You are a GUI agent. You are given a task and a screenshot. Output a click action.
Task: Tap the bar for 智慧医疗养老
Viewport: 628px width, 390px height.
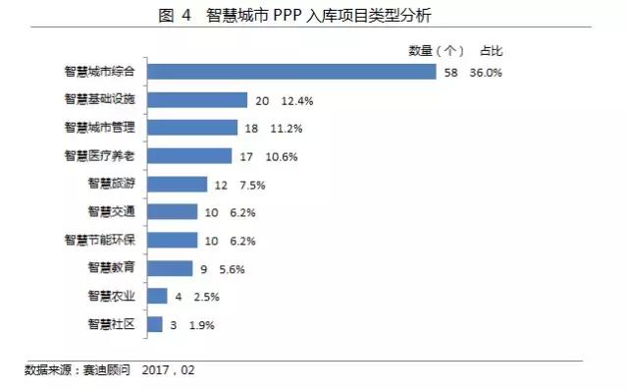tap(189, 156)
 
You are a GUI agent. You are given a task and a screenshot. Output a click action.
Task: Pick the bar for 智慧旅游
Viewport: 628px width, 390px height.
tap(178, 185)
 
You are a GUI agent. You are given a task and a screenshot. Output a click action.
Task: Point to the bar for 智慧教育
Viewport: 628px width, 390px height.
tap(170, 268)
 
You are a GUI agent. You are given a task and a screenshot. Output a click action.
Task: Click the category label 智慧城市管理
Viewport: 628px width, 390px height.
tap(105, 128)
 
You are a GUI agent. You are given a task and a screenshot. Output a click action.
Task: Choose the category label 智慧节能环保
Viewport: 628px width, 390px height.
tap(105, 240)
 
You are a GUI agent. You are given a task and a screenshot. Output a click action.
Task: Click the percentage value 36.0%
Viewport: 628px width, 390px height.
tap(485, 72)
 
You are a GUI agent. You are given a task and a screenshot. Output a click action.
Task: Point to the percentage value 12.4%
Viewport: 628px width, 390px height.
tap(297, 100)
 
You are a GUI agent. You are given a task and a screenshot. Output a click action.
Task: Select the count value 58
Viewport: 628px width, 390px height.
tap(451, 72)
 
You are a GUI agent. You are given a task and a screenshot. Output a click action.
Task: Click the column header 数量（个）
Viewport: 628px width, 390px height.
tap(435, 50)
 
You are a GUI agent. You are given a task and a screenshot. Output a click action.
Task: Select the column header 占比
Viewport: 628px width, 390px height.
tap(492, 50)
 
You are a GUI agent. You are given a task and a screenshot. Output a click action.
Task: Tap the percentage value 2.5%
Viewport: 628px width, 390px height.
tap(206, 297)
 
